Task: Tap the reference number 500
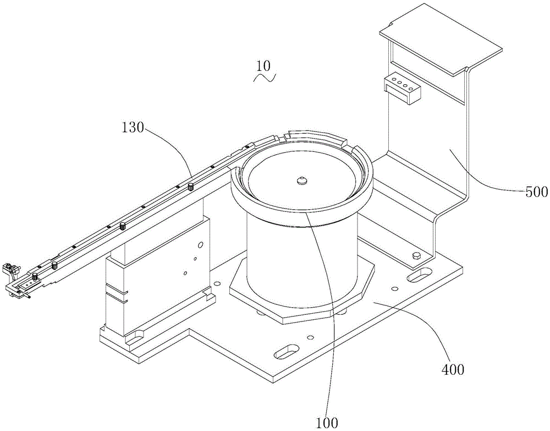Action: coord(536,192)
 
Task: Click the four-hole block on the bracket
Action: coord(402,88)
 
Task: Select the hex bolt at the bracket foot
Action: coord(416,255)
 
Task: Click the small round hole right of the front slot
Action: coord(311,337)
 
